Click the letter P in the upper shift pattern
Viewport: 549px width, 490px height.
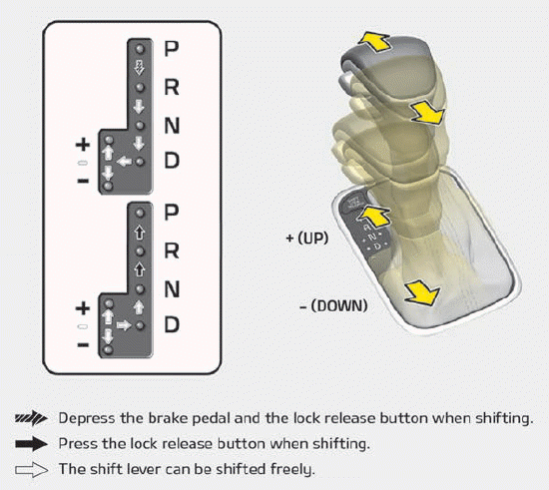172,47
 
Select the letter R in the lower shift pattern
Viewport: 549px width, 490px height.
172,250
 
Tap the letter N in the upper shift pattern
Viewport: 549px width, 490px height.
172,125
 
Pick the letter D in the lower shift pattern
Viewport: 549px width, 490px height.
172,324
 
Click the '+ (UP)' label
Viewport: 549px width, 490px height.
312,240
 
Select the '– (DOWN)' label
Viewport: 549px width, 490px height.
333,305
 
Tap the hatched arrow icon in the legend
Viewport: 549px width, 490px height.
31,419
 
